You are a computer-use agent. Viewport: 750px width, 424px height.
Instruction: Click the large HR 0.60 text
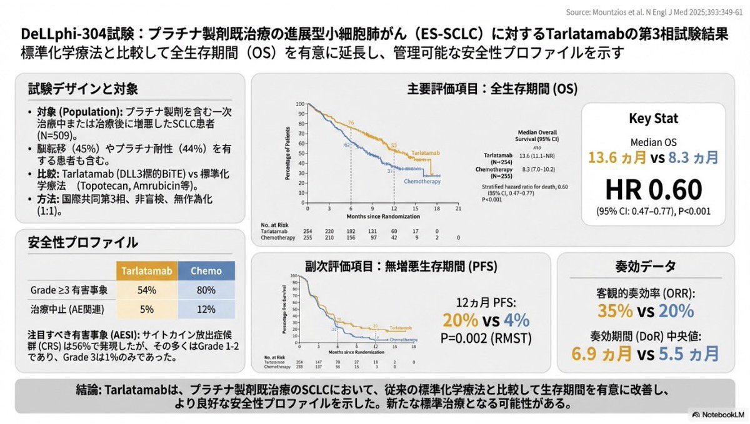652,188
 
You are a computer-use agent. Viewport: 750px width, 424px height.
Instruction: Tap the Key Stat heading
652,119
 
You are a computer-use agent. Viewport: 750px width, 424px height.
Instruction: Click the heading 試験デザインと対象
83,89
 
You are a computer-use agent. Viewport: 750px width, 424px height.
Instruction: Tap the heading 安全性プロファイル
83,242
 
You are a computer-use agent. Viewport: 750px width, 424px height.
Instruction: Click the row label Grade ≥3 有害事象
69,290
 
